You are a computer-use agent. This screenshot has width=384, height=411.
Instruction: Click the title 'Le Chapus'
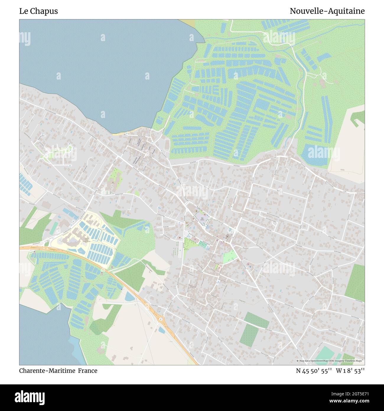point(38,11)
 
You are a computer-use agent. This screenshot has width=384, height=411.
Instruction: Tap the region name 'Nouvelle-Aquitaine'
point(327,11)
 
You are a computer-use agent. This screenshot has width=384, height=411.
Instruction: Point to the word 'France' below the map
point(88,370)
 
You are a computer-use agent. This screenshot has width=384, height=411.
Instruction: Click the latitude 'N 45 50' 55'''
point(314,370)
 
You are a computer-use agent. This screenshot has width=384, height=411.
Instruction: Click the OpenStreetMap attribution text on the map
point(330,361)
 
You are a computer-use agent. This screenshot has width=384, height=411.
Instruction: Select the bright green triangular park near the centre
point(229,256)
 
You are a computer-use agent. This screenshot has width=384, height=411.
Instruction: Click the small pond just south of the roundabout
point(162,329)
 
